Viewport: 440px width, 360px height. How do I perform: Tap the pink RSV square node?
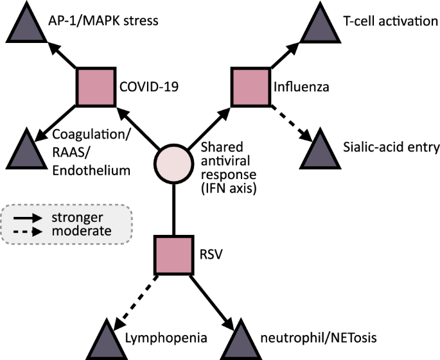[173, 253]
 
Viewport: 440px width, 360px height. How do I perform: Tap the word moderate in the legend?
[82, 230]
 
